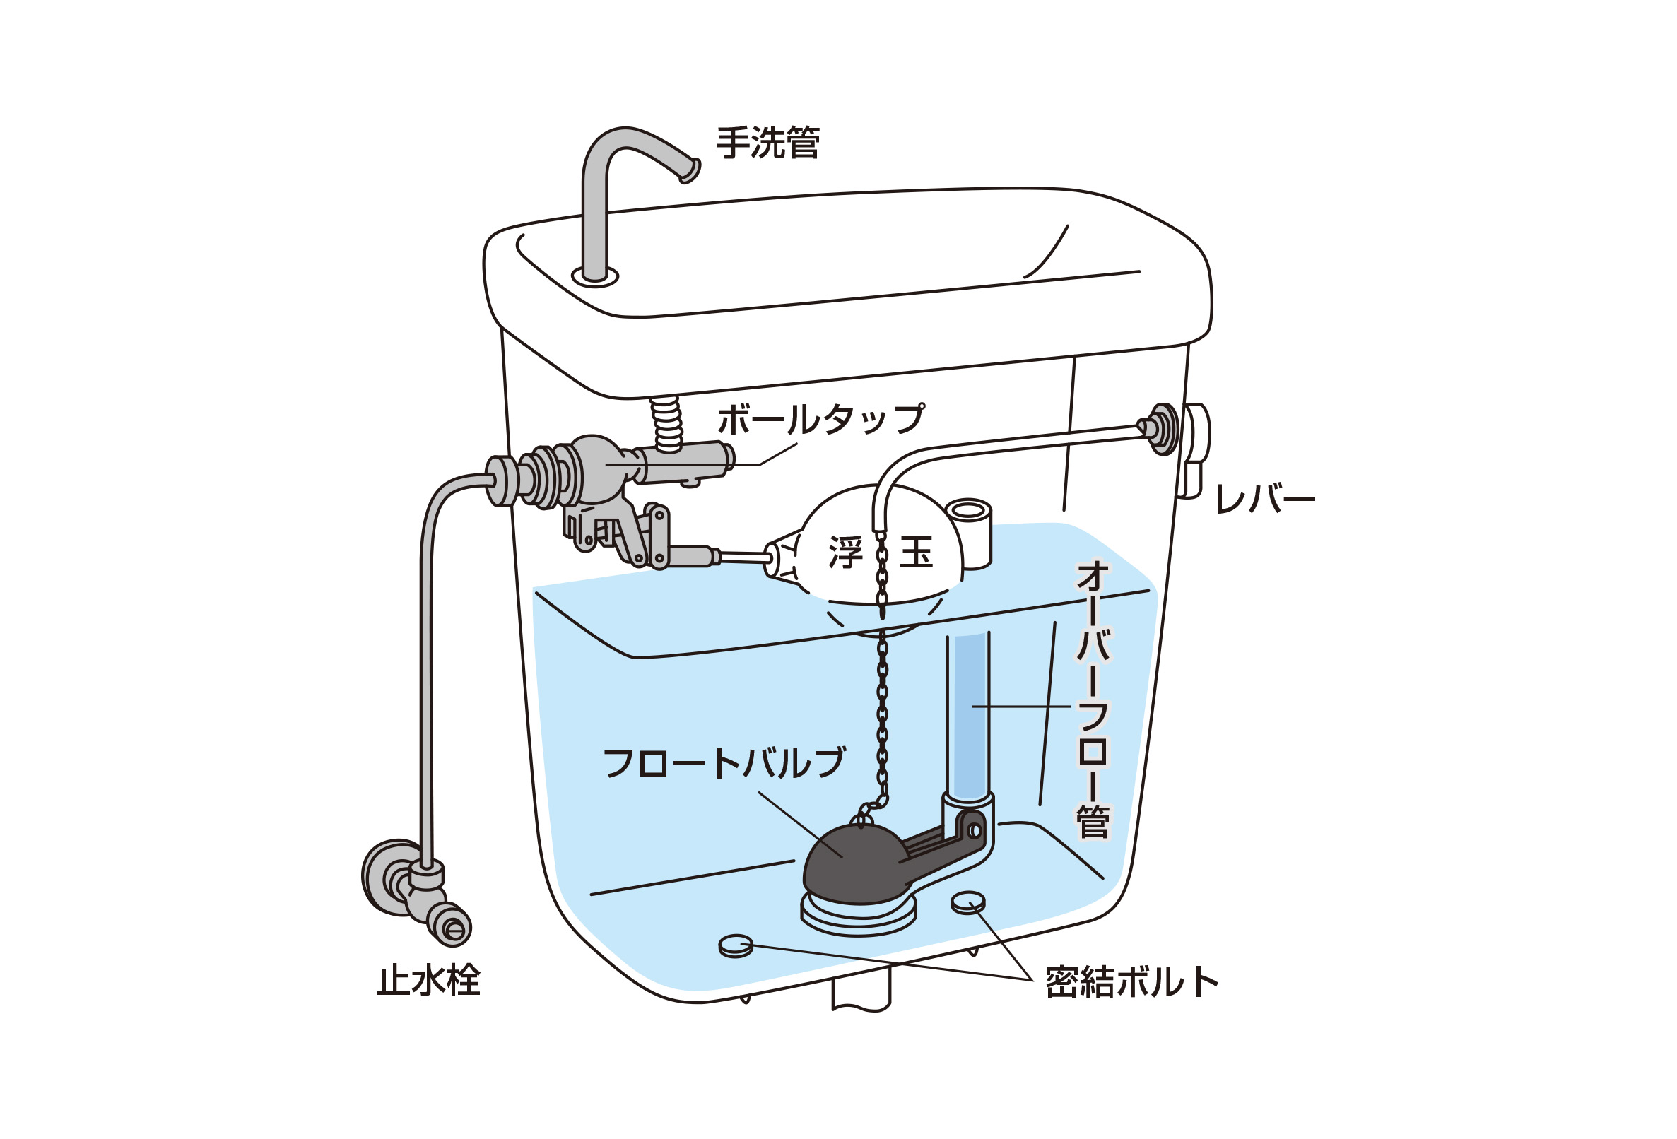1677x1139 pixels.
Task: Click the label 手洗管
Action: tap(767, 143)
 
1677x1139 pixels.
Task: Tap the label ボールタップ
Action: tap(821, 419)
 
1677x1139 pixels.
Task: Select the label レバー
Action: tap(1265, 499)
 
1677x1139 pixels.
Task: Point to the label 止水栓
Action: tap(429, 980)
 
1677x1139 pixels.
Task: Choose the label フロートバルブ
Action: tap(724, 763)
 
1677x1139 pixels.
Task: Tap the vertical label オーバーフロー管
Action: tap(1093, 700)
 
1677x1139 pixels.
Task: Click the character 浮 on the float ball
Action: tap(846, 553)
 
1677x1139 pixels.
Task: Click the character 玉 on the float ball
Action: tap(917, 553)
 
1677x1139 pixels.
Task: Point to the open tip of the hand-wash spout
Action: tap(690, 171)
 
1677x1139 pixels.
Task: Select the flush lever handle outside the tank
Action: tap(1194, 450)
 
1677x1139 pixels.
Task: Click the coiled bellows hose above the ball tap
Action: tap(666, 424)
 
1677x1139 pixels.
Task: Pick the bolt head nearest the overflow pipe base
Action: tap(967, 902)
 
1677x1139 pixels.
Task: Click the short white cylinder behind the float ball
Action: tap(968, 533)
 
